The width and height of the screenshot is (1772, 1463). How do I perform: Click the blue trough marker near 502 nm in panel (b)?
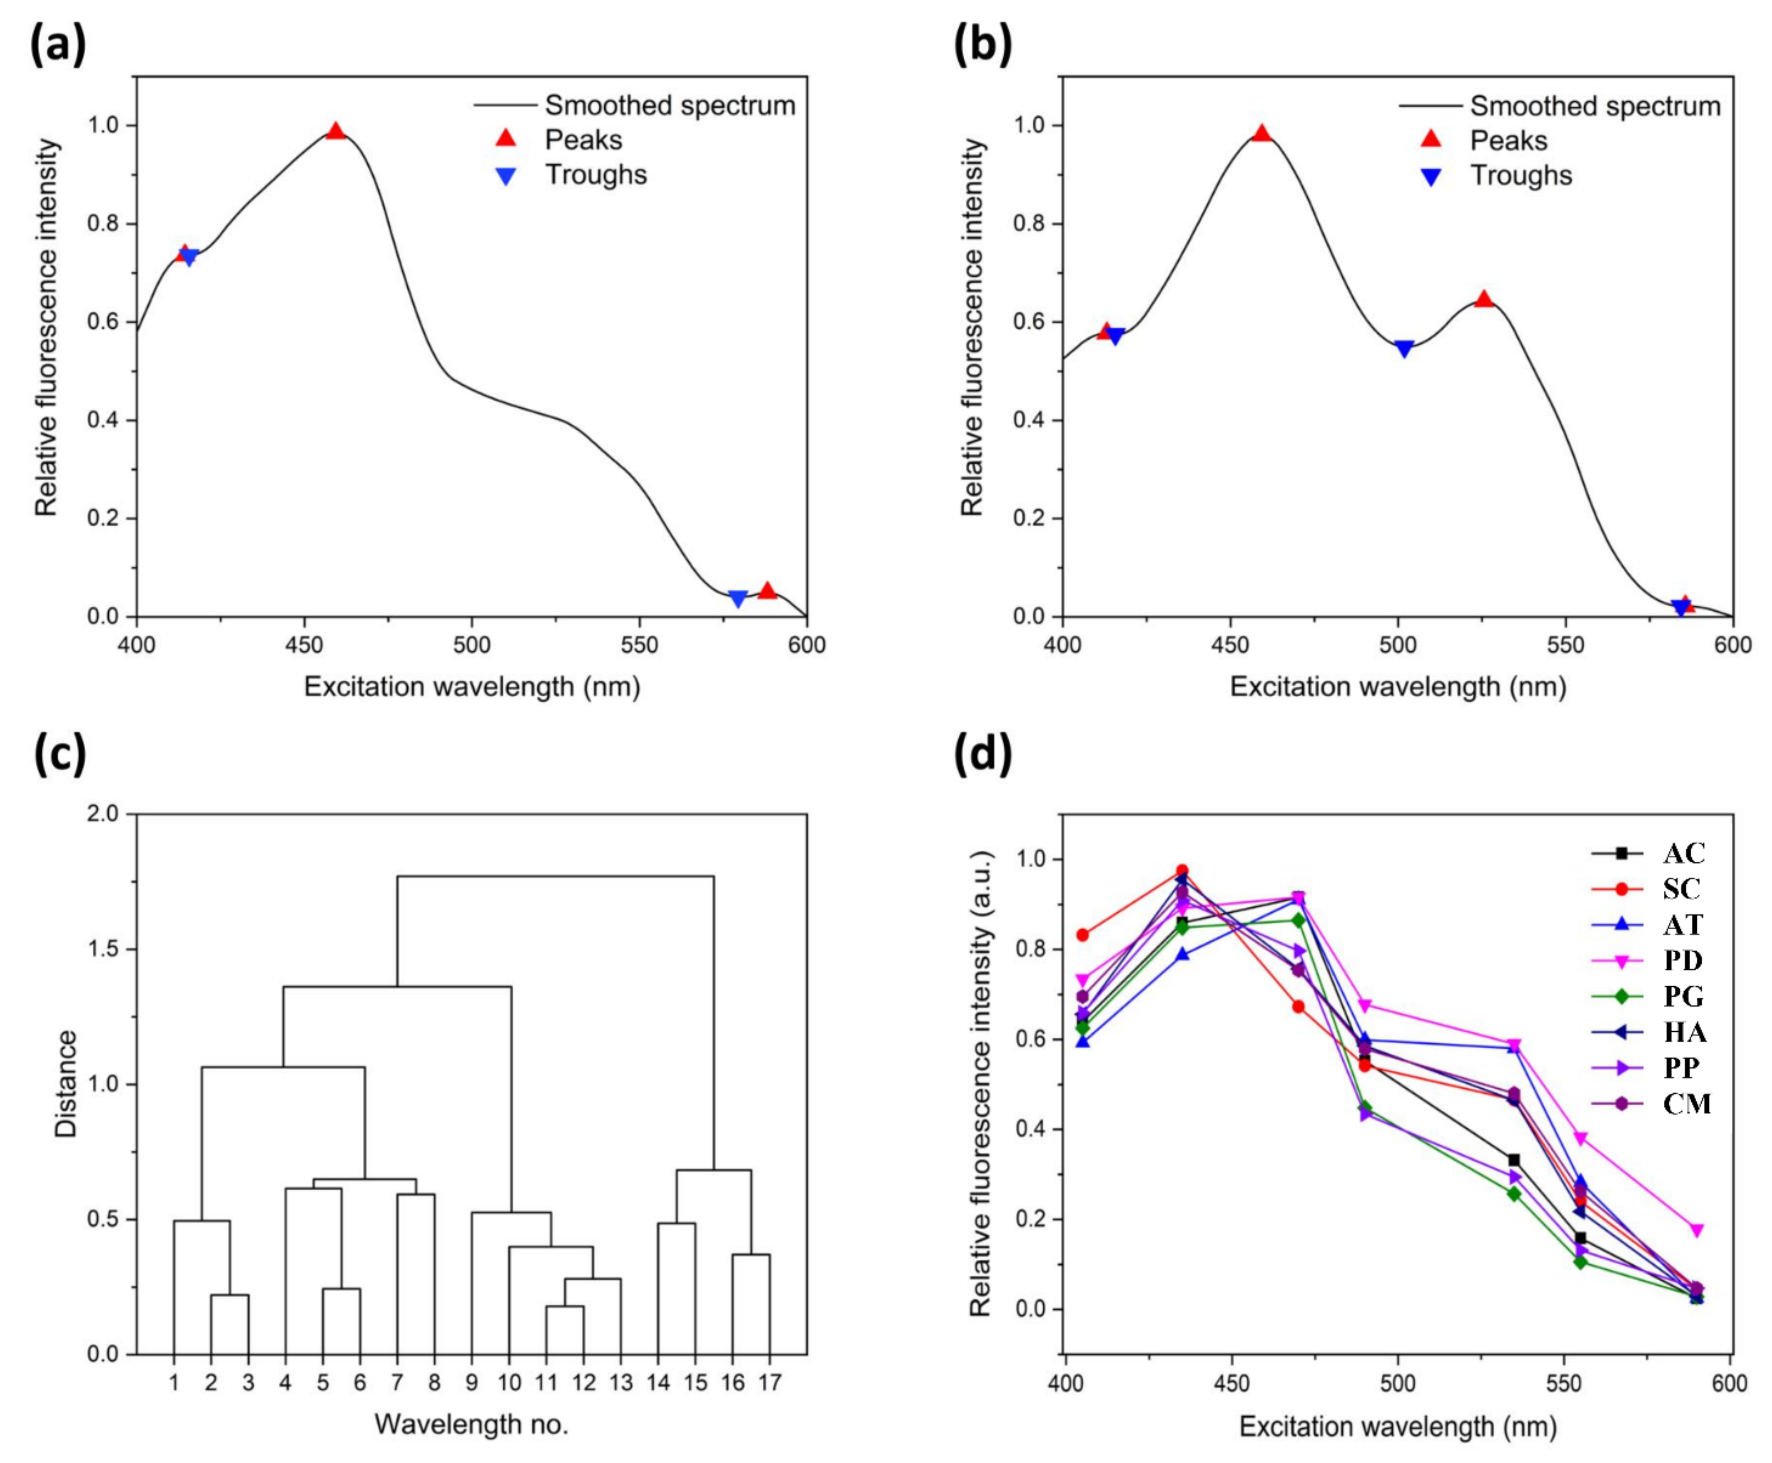coord(1403,349)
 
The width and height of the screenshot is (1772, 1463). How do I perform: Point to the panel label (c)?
coord(59,752)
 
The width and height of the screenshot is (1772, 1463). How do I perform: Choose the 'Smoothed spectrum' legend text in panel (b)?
coord(1595,106)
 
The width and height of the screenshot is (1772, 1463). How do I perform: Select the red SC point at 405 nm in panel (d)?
coord(1083,935)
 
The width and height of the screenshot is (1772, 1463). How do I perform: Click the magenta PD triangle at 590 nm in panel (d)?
coord(1697,1230)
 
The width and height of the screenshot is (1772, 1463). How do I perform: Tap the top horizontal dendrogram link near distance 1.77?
coord(556,876)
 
